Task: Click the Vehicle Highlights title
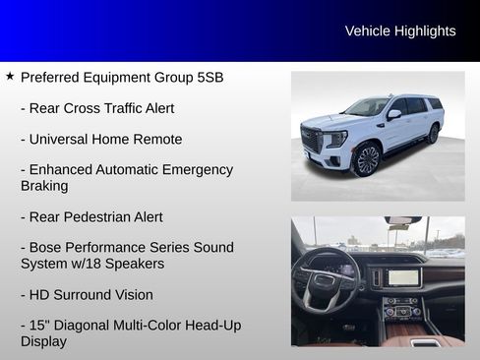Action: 400,31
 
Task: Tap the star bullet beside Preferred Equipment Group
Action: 10,76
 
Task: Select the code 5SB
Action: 210,77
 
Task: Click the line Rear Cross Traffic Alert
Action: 97,108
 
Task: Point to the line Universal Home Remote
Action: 97,139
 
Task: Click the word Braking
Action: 44,186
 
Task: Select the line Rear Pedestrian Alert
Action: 91,216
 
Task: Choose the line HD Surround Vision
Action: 87,294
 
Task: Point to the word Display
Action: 44,341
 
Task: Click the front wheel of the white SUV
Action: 367,158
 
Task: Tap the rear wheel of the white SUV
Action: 433,134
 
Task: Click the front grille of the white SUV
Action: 313,139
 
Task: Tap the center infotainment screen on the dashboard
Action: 403,276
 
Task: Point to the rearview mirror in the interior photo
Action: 401,221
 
